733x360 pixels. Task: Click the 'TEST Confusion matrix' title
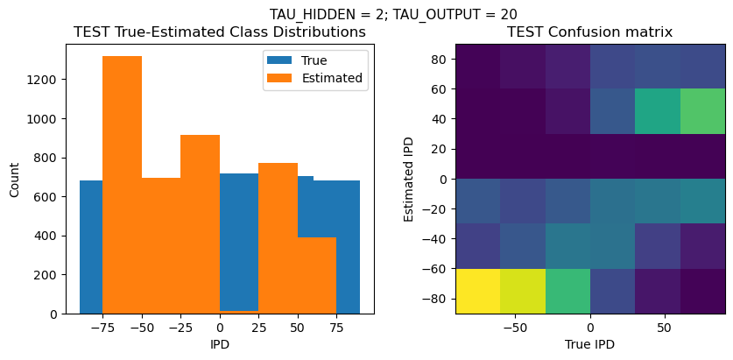589,32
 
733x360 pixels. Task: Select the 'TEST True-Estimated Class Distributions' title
220,32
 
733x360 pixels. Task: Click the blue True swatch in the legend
280,60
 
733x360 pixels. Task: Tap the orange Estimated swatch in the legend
280,78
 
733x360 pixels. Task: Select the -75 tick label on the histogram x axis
102,328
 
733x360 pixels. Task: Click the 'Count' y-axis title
15,179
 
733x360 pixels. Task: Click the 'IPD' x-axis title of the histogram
220,344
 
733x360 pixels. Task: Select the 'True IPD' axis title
589,344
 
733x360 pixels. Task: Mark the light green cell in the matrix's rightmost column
702,111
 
